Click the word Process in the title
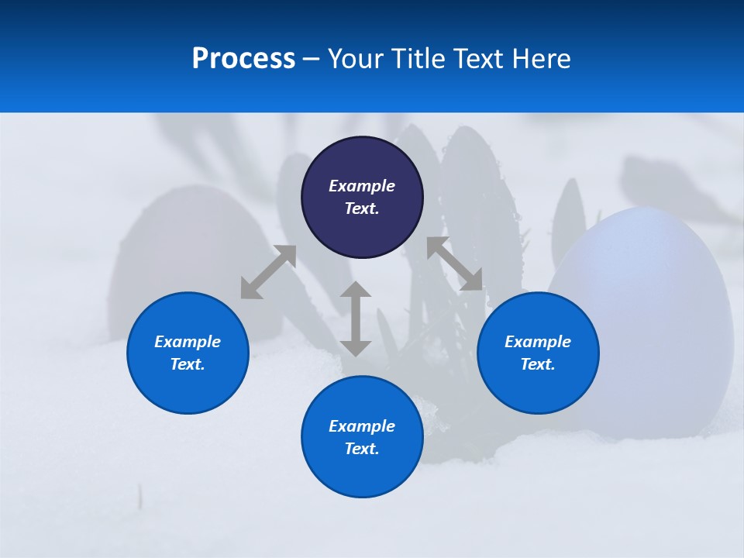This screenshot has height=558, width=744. (243, 59)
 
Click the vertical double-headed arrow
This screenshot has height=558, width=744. (356, 319)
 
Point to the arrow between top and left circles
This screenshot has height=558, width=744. (269, 271)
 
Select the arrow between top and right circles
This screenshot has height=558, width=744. (454, 263)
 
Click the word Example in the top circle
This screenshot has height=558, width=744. (362, 186)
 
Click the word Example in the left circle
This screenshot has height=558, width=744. (188, 342)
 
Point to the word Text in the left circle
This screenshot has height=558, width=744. (187, 364)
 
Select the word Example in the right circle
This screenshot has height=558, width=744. (538, 342)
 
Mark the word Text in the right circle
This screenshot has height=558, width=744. (537, 364)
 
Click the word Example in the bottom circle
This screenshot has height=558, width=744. (362, 426)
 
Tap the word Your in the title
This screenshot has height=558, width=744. (357, 59)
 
